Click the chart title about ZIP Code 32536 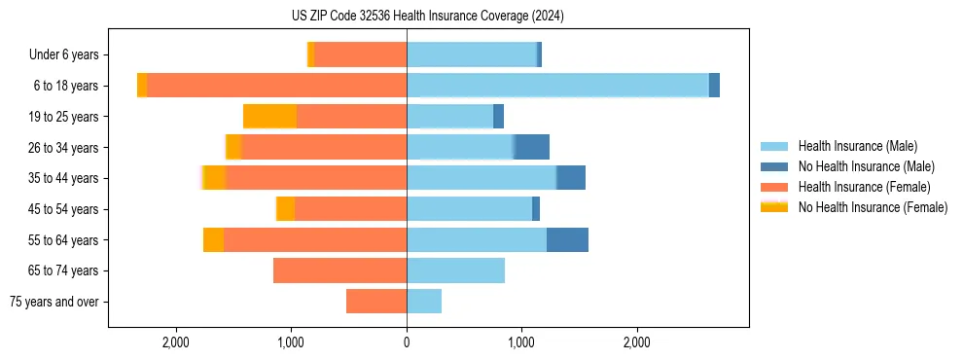pos(481,17)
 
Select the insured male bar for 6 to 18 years pos(557,86)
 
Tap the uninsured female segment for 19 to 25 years pos(269,117)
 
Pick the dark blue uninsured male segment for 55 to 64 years pos(567,240)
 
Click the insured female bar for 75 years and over pos(376,302)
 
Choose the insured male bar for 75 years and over pos(424,302)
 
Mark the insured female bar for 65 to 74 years pos(339,270)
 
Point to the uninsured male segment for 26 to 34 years pos(532,148)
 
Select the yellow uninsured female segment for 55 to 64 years pos(213,240)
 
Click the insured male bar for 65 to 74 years pos(455,270)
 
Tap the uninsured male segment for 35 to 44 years pos(571,178)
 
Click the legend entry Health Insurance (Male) pos(857,146)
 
